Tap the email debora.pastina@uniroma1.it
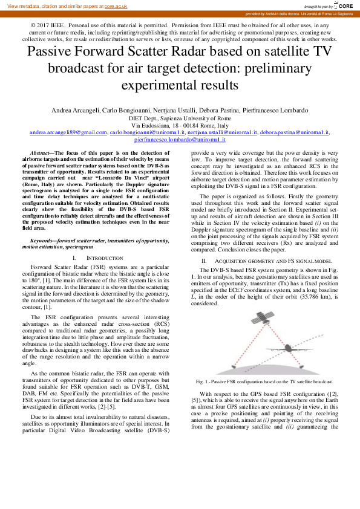pyautogui.click(x=295, y=132)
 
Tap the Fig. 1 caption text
pyautogui.click(x=265, y=382)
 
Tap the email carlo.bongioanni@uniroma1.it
pyautogui.click(x=146, y=132)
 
